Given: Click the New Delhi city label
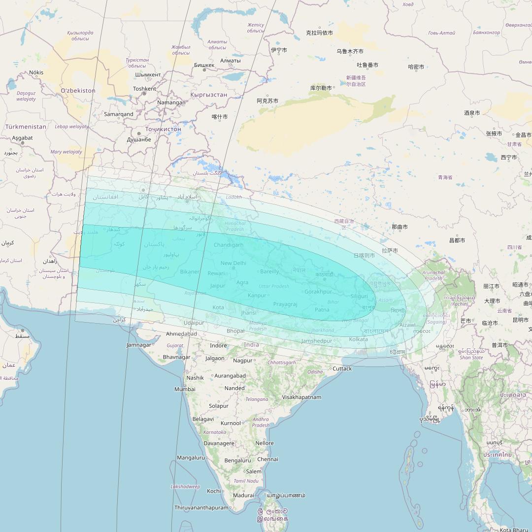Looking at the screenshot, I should [233, 263].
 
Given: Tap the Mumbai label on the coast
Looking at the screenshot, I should [185, 389].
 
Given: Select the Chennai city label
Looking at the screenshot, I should [267, 459].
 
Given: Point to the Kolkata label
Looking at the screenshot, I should [358, 339].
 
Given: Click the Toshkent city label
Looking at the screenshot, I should [144, 89].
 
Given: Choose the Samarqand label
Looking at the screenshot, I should [119, 114].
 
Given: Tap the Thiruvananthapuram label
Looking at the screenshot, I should [201, 507].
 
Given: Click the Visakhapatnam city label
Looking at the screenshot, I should [301, 397].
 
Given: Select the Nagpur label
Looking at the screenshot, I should [242, 361].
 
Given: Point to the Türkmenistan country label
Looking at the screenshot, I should [26, 127].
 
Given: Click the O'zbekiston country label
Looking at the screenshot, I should [78, 91].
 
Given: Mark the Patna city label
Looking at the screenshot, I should [322, 310].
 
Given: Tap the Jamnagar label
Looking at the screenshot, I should [139, 345].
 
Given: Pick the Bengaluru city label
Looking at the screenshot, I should [237, 461].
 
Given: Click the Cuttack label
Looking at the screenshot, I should [342, 368].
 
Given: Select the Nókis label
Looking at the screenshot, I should [36, 72].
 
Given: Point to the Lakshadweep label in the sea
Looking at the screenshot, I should [185, 487].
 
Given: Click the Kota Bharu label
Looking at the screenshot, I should [514, 530].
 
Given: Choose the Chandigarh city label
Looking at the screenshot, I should [229, 245].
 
